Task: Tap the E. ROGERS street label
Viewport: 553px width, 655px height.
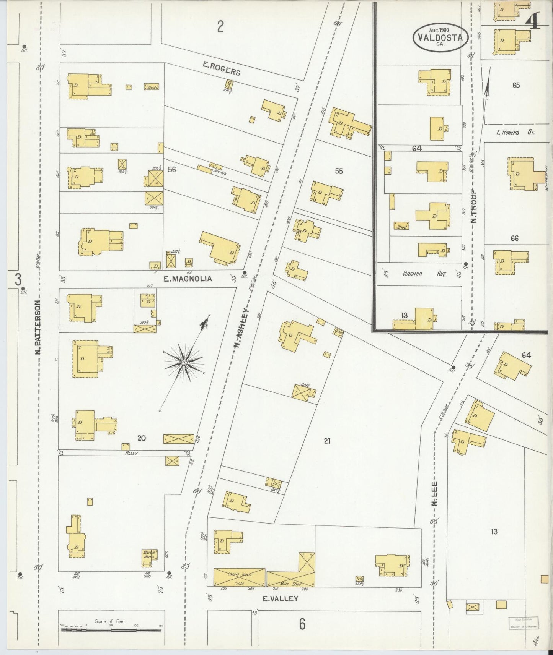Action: pyautogui.click(x=221, y=70)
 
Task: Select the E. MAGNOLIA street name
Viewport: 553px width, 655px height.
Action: pyautogui.click(x=188, y=279)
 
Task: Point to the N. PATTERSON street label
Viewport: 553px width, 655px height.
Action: pyautogui.click(x=38, y=327)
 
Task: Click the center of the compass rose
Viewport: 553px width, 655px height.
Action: pyautogui.click(x=184, y=362)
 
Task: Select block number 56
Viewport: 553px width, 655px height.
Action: pyautogui.click(x=172, y=169)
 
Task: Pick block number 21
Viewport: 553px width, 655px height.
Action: pyautogui.click(x=327, y=441)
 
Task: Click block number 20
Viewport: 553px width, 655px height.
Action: pyautogui.click(x=142, y=438)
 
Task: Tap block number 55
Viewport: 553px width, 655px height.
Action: pyautogui.click(x=339, y=171)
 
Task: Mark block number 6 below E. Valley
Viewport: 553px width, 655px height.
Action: pyautogui.click(x=302, y=624)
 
